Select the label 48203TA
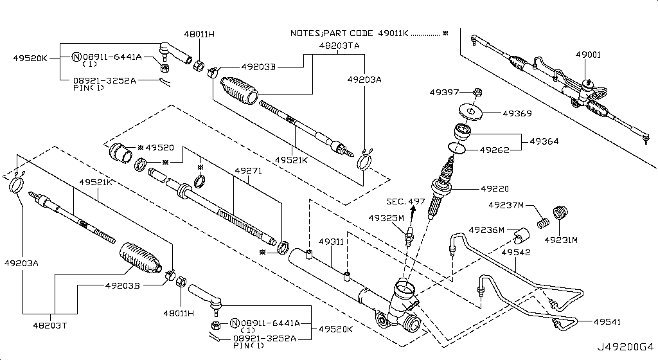(x=339, y=46)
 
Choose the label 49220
(x=495, y=189)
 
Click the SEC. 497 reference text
(x=405, y=202)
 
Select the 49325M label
(x=386, y=218)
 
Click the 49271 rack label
(x=248, y=172)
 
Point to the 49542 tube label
(x=516, y=253)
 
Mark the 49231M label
(x=561, y=240)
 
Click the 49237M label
(x=506, y=205)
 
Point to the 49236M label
(x=486, y=230)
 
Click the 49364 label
(x=544, y=141)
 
